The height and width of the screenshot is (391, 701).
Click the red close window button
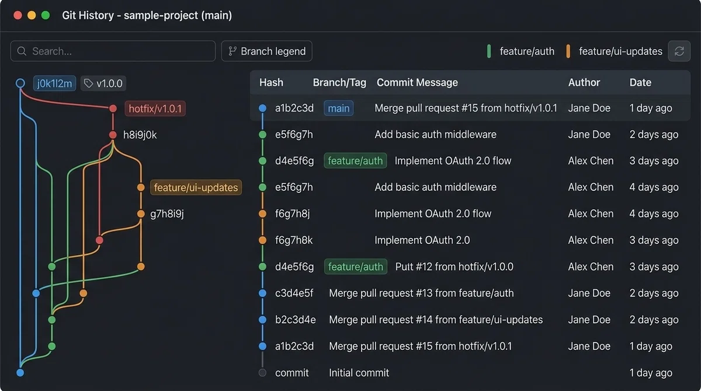pos(18,15)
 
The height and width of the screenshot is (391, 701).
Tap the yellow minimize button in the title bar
pos(32,15)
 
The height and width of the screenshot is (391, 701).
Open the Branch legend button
pos(266,51)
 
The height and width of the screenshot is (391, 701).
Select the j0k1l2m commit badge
pos(54,83)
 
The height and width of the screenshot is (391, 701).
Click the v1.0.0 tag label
pos(103,83)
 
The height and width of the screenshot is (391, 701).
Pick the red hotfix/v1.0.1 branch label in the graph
pos(155,109)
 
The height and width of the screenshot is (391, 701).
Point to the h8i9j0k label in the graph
pos(140,135)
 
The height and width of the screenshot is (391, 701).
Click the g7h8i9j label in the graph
pos(167,214)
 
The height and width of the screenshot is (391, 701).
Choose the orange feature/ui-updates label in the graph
pos(196,187)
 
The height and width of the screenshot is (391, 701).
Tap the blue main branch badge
pos(339,108)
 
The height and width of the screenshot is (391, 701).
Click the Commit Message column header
pos(417,82)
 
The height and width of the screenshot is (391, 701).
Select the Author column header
pos(584,82)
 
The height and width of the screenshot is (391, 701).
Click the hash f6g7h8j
pos(292,214)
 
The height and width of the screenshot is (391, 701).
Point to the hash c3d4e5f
pos(294,293)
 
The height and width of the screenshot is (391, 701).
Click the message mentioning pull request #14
pos(436,320)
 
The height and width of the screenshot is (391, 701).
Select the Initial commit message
pos(359,373)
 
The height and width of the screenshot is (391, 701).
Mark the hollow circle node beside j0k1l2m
pos(20,83)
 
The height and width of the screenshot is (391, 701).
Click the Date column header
pos(640,82)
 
